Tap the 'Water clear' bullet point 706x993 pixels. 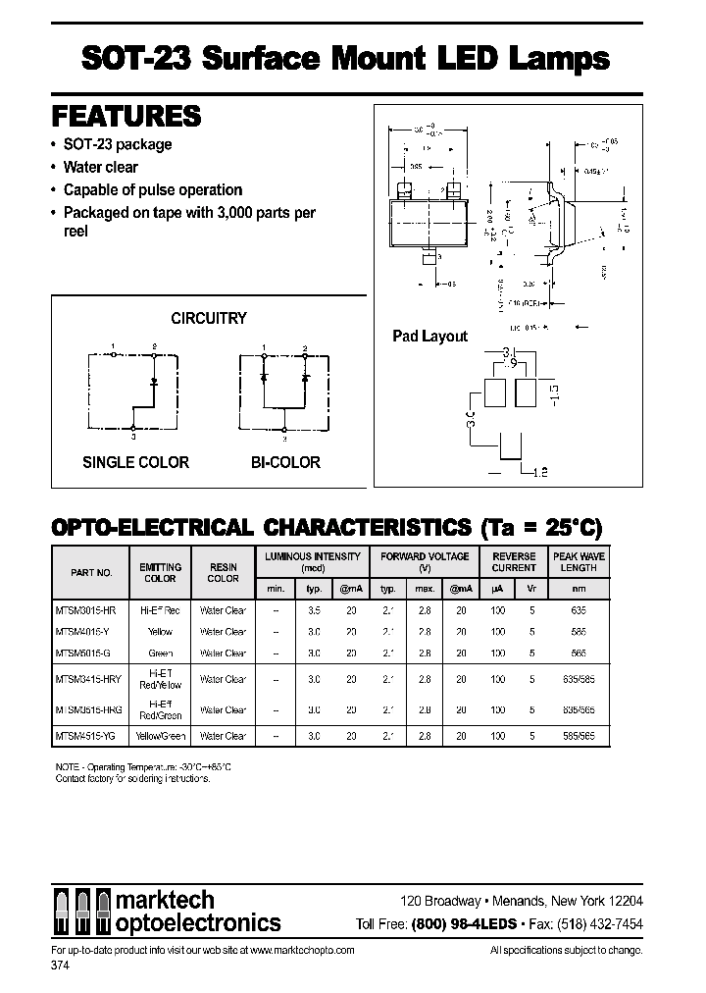101,167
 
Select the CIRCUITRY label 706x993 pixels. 208,318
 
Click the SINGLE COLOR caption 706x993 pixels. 135,462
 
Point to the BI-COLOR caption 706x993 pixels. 283,462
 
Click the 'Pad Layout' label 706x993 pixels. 429,336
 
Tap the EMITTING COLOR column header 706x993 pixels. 160,573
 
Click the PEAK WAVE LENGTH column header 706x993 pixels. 579,562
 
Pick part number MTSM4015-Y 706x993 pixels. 84,632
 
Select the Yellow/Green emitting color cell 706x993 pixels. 160,735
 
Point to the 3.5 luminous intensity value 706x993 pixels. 315,610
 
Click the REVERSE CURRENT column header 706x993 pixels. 514,562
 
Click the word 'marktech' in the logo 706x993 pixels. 166,901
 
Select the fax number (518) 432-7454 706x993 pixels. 600,923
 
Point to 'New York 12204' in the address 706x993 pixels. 594,901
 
